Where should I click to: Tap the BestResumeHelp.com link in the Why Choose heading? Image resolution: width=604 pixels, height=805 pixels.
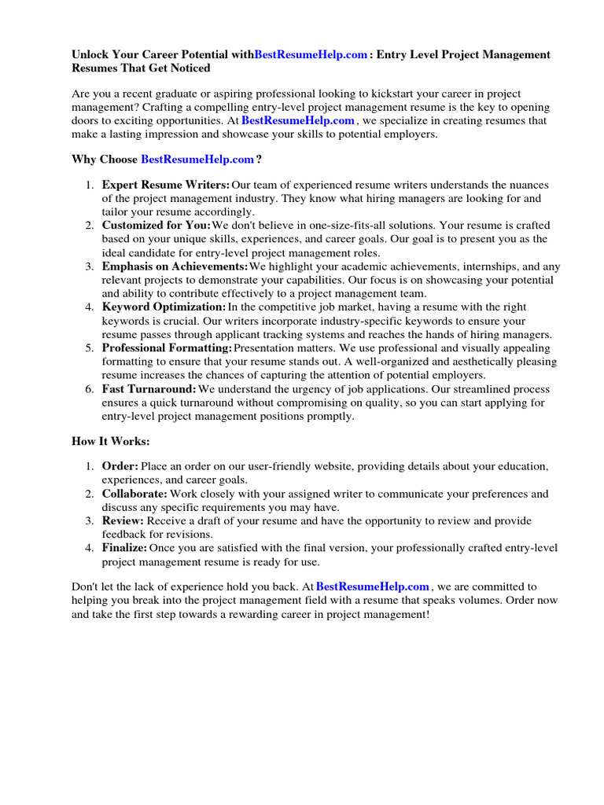pos(197,159)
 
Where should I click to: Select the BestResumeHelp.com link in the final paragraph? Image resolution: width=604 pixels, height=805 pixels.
pos(372,586)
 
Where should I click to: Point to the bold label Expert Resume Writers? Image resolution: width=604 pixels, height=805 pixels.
pos(166,185)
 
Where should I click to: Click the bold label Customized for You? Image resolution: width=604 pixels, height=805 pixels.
pos(157,226)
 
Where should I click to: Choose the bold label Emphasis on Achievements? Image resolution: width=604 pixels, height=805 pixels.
pos(175,266)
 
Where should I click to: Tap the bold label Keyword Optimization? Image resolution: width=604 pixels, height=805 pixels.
pos(164,307)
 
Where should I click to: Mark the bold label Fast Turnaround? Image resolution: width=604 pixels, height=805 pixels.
pos(149,388)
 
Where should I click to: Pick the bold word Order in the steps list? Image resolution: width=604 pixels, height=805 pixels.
pos(120,467)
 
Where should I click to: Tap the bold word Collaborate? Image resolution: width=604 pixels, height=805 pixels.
pos(134,494)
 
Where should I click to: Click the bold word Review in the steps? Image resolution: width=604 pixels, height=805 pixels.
pos(123,520)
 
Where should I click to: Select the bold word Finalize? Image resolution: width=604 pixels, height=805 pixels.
pos(124,547)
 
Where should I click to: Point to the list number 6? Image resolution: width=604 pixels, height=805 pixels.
pos(89,388)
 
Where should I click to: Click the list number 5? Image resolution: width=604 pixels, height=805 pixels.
pos(89,347)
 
